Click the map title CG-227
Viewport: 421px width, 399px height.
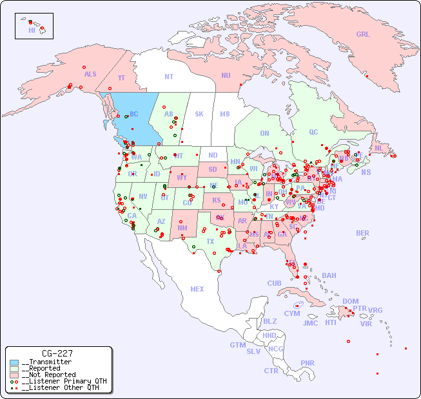57,353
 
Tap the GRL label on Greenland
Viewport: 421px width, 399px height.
363,34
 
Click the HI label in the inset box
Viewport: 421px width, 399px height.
32,30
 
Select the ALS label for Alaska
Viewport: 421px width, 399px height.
90,74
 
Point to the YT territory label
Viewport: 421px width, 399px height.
121,77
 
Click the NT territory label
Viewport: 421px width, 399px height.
168,76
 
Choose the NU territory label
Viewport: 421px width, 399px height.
226,75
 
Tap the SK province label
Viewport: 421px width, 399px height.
199,114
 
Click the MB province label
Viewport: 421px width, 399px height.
225,114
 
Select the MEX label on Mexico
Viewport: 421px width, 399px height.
197,289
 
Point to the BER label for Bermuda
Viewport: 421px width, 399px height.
362,233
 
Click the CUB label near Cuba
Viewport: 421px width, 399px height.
275,283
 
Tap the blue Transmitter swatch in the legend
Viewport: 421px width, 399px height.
14,362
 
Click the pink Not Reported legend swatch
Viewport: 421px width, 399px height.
14,375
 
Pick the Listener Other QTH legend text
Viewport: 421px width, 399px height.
61,387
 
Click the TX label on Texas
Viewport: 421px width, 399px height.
210,241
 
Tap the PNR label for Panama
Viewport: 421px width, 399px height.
308,363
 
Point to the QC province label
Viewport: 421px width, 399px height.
313,132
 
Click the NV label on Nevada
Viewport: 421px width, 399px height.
142,196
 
